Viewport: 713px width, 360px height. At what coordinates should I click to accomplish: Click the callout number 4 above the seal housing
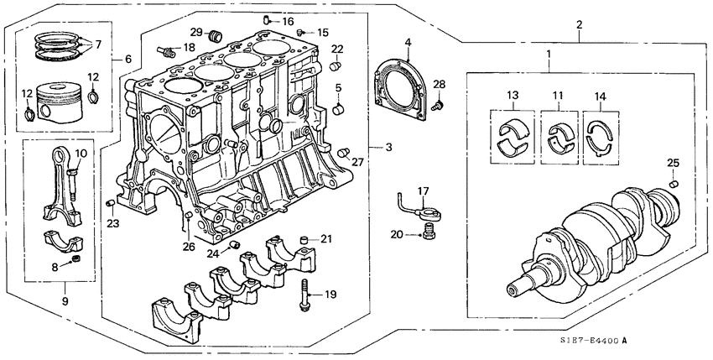pos(407,41)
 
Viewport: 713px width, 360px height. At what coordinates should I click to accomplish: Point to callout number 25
pos(673,162)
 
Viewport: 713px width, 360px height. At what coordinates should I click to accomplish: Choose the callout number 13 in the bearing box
pos(513,96)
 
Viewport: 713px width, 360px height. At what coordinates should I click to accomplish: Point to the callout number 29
pos(195,32)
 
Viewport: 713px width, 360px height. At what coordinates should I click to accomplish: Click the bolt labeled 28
pos(437,106)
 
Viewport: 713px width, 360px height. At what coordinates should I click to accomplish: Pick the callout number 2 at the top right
pos(580,25)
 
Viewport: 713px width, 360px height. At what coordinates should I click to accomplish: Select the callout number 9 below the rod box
pos(64,301)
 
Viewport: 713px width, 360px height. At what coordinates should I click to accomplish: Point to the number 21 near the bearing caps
pos(326,240)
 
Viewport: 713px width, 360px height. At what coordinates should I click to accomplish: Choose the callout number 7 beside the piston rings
pos(98,43)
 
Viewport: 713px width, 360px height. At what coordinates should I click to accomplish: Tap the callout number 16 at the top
pos(288,21)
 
